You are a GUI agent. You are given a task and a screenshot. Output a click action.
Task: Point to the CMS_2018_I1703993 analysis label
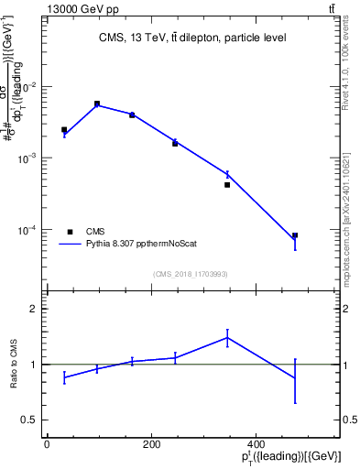(190, 274)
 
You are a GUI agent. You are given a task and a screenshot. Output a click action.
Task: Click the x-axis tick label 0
(47, 444)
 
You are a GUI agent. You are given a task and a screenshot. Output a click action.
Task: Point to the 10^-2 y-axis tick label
(27, 87)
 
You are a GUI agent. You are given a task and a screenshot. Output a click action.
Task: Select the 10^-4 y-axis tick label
(27, 230)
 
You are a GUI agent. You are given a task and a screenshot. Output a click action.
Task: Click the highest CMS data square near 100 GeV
(97, 104)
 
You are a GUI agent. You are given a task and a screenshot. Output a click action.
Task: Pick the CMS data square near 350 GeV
(227, 185)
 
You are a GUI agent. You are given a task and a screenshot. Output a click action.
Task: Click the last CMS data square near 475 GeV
(295, 235)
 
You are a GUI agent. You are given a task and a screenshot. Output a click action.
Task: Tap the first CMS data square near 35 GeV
(64, 130)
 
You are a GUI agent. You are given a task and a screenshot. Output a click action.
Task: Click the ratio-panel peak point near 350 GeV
(227, 337)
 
